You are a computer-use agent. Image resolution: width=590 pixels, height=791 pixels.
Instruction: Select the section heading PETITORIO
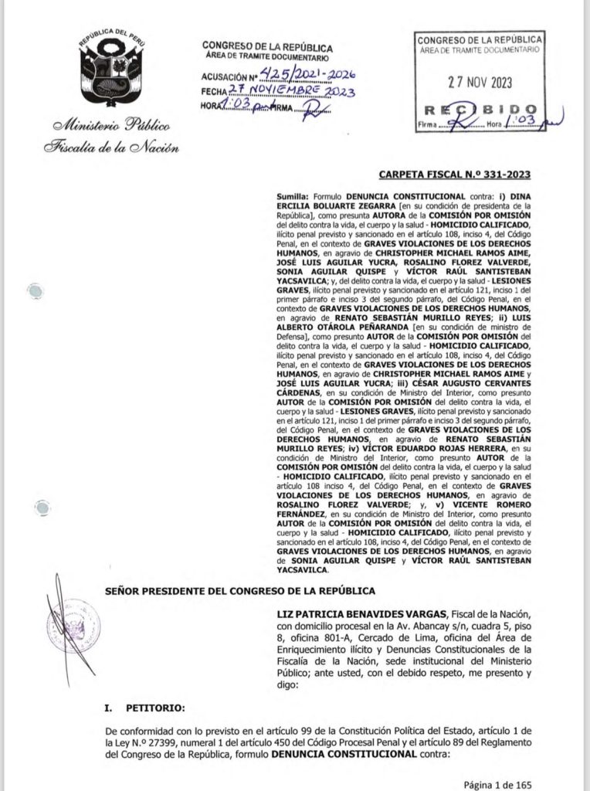[x=145, y=706]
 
